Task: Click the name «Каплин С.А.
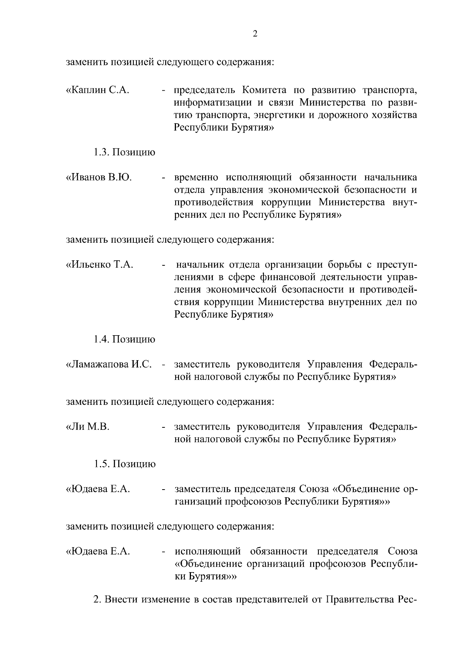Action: (98, 91)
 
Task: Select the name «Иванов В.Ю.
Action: (99, 178)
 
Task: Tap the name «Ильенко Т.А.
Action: (99, 265)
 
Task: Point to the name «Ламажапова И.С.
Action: (110, 364)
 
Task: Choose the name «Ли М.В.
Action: (88, 427)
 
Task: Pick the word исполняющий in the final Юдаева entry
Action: (208, 552)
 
